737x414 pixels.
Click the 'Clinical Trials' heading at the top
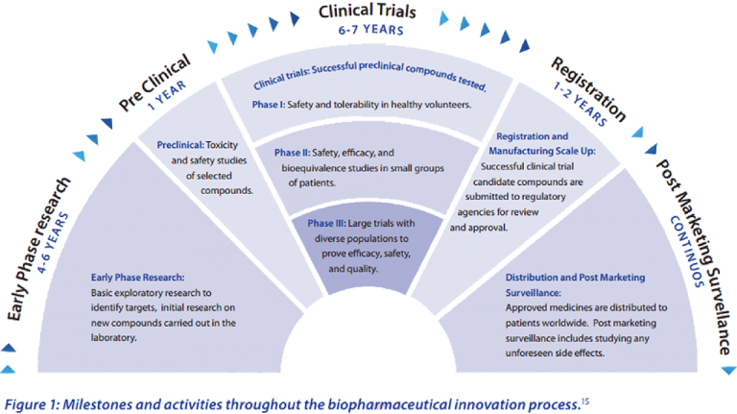(x=368, y=12)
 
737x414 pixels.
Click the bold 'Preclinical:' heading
(x=185, y=145)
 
